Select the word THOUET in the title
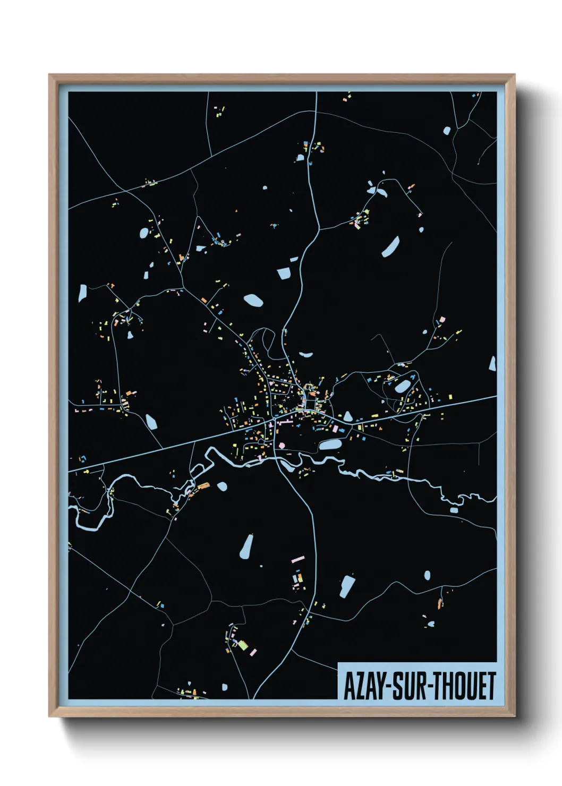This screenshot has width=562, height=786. (464, 686)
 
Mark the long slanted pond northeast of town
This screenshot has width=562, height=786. (391, 247)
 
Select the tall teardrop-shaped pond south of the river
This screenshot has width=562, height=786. (246, 547)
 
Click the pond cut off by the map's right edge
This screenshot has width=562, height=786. (492, 364)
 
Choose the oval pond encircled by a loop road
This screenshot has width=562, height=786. (402, 386)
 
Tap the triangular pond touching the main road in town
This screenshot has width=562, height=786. (347, 416)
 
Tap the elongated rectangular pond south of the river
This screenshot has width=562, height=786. (347, 586)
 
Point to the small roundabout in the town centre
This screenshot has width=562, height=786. (274, 420)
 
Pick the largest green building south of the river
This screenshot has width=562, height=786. (242, 645)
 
